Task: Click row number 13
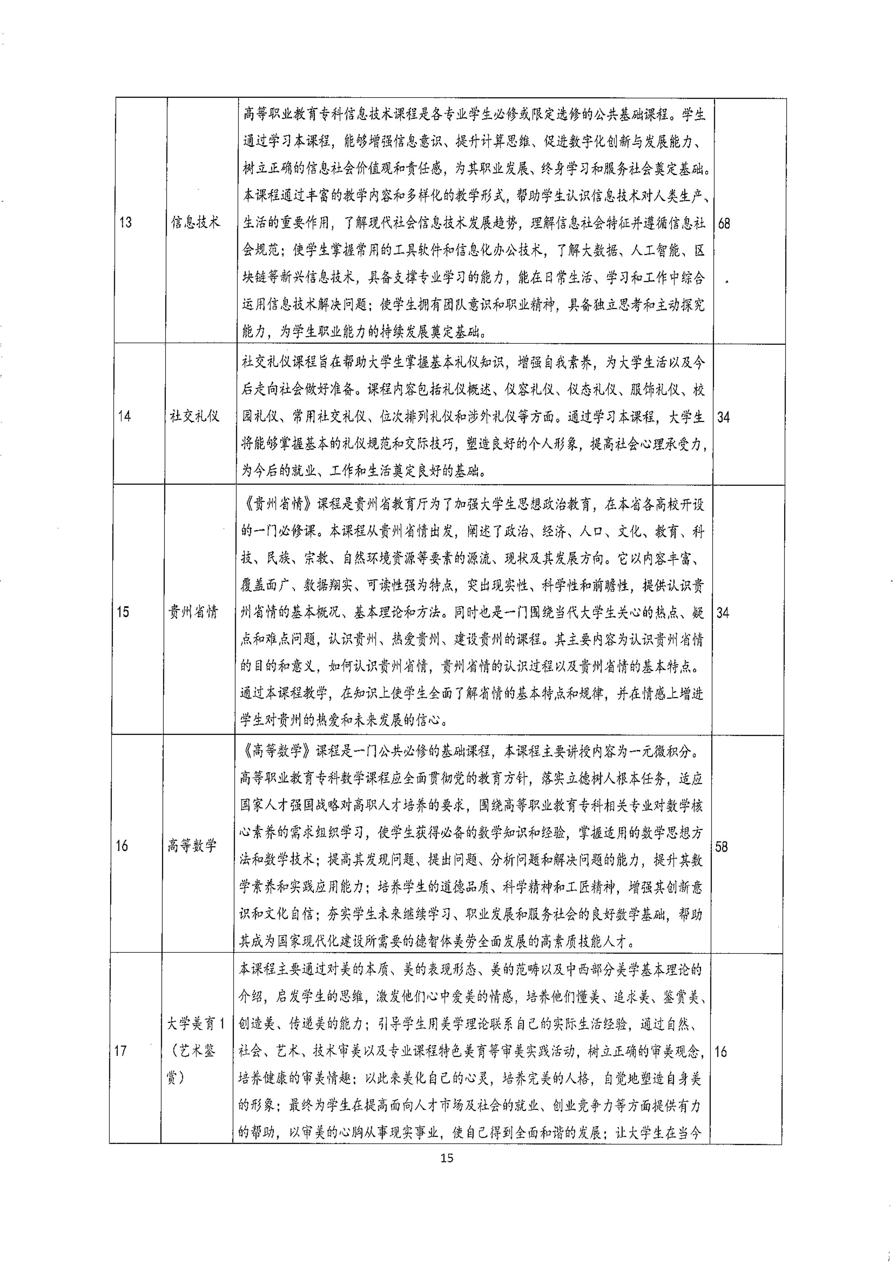click(126, 223)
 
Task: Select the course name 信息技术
click(195, 222)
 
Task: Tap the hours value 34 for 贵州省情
click(723, 612)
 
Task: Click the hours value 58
click(722, 847)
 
